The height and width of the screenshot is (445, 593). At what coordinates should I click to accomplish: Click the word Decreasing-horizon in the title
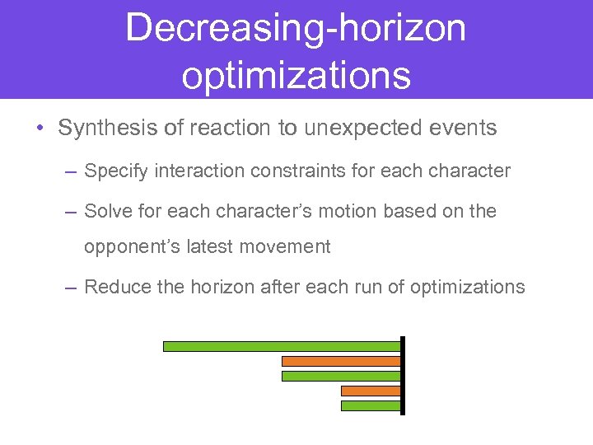point(296,27)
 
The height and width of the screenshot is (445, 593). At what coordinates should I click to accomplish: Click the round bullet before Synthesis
point(40,129)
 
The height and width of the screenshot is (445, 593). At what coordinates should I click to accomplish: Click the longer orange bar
point(341,361)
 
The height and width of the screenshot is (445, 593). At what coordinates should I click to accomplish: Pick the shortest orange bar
point(371,391)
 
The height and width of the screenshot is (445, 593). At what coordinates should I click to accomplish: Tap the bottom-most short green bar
point(371,405)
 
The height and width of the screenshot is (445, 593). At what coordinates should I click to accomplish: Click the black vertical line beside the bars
point(403,376)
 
